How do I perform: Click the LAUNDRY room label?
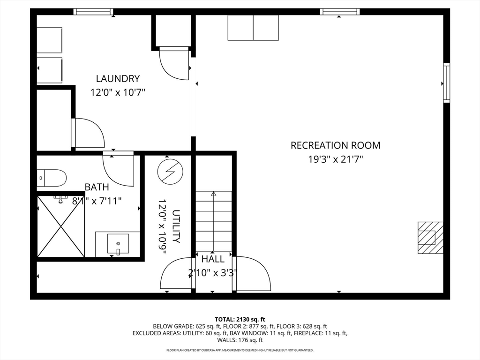tap(118, 79)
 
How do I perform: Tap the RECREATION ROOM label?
tap(336, 145)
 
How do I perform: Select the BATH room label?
tap(97, 187)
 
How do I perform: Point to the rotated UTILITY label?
tap(176, 226)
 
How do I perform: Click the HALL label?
tap(213, 259)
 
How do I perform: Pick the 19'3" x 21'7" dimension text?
tap(336, 159)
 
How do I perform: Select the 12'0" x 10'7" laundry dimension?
tap(118, 92)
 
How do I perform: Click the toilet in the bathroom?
tap(52, 178)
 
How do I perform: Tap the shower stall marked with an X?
tap(60, 226)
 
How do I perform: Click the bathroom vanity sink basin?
tap(118, 244)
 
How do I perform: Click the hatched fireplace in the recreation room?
tap(430, 238)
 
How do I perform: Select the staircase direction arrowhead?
tap(214, 194)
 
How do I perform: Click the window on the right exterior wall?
tap(447, 82)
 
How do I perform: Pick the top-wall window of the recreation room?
tap(340, 12)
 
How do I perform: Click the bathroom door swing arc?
tap(113, 177)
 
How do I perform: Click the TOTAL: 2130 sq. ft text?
tap(240, 320)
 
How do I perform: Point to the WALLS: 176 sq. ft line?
tap(240, 340)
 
